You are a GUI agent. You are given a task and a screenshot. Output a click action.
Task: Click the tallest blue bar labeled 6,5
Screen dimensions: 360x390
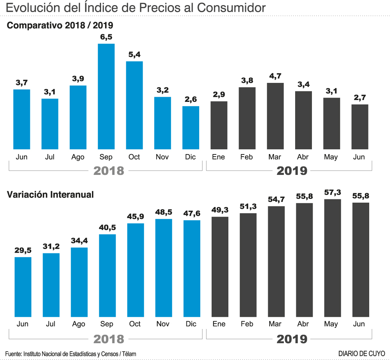[x=106, y=96]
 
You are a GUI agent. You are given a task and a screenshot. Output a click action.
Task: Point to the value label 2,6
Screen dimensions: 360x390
[x=191, y=99]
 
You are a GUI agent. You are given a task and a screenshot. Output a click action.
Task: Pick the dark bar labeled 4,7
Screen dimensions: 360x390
[x=275, y=116]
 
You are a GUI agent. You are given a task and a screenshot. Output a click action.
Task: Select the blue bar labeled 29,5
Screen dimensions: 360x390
[x=23, y=287]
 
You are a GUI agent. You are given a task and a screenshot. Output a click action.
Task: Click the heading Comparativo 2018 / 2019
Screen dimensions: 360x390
[x=60, y=25]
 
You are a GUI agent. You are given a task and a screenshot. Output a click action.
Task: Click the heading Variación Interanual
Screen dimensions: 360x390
[x=50, y=195]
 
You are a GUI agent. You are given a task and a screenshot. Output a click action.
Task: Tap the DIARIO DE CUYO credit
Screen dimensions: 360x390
[x=361, y=353]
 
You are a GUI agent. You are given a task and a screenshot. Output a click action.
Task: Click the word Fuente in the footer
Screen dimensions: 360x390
[x=13, y=353]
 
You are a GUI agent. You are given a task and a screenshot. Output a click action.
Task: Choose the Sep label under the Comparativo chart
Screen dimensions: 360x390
[x=106, y=157]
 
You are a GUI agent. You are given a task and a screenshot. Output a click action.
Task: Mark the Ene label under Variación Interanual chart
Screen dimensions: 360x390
[x=219, y=324]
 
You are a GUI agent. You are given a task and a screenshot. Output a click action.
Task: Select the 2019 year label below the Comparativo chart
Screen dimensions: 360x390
[x=292, y=171]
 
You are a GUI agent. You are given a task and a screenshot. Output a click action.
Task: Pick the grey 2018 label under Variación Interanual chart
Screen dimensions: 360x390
[x=109, y=339]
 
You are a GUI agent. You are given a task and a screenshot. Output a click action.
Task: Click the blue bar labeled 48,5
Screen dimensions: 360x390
[x=163, y=268]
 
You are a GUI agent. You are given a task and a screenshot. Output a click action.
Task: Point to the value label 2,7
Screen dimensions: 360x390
[x=360, y=97]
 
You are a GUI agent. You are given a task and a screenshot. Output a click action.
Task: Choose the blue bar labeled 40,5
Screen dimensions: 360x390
[x=107, y=276]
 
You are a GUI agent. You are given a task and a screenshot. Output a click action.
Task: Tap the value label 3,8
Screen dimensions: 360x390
[x=247, y=80]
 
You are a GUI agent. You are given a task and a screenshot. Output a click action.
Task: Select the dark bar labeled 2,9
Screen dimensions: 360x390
[x=219, y=125]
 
